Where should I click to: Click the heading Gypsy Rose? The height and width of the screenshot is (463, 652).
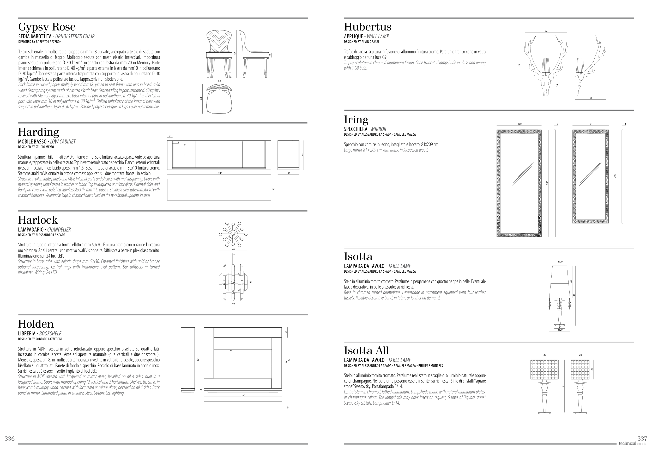(47, 27)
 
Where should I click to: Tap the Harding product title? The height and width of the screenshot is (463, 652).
(39, 132)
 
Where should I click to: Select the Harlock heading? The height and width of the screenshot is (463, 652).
(38, 220)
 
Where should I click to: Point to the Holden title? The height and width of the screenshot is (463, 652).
(36, 324)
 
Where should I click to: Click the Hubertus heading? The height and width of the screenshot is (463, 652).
(368, 27)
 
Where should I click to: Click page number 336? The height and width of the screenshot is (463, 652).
(9, 439)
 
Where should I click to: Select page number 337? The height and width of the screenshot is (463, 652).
(642, 439)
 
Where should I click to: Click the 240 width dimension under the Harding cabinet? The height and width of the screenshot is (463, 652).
(220, 173)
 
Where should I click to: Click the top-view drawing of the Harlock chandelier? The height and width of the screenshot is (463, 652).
(233, 234)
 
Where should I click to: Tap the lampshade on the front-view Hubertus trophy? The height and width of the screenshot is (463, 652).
(546, 65)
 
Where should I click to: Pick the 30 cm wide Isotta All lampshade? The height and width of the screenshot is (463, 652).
(544, 369)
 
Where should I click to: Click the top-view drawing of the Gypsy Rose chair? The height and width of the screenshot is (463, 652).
(219, 99)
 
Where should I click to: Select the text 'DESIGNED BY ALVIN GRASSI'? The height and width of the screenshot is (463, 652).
(361, 42)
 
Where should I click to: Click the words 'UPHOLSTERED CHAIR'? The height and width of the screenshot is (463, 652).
(75, 36)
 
